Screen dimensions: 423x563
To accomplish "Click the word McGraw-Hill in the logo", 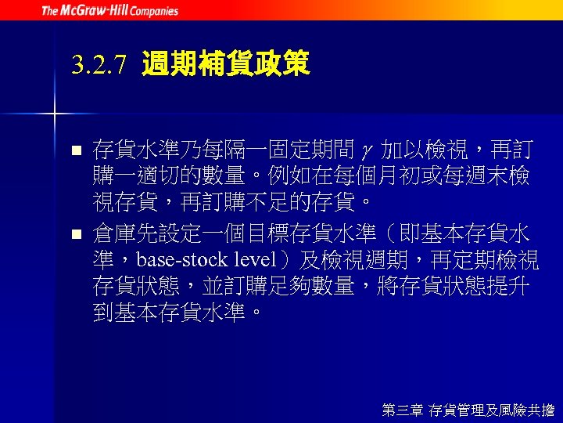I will (x=95, y=11).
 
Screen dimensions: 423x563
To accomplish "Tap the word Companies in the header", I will (x=155, y=11).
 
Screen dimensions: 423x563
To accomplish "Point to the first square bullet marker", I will (x=76, y=149).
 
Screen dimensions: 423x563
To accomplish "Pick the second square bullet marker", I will (x=76, y=233).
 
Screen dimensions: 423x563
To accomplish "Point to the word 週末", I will (x=485, y=176).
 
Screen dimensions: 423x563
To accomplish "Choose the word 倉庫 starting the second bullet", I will (x=113, y=233).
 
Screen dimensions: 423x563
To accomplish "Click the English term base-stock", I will (x=185, y=261).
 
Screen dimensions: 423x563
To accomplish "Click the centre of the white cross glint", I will (x=55, y=114).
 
